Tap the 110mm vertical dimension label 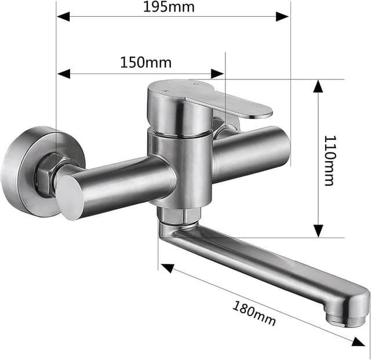click(329, 160)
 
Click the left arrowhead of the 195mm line click(63, 17)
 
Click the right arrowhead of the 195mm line click(283, 17)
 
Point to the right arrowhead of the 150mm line click(217, 74)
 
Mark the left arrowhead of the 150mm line click(63, 74)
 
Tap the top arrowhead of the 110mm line click(318, 86)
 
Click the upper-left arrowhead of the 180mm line click(167, 269)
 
